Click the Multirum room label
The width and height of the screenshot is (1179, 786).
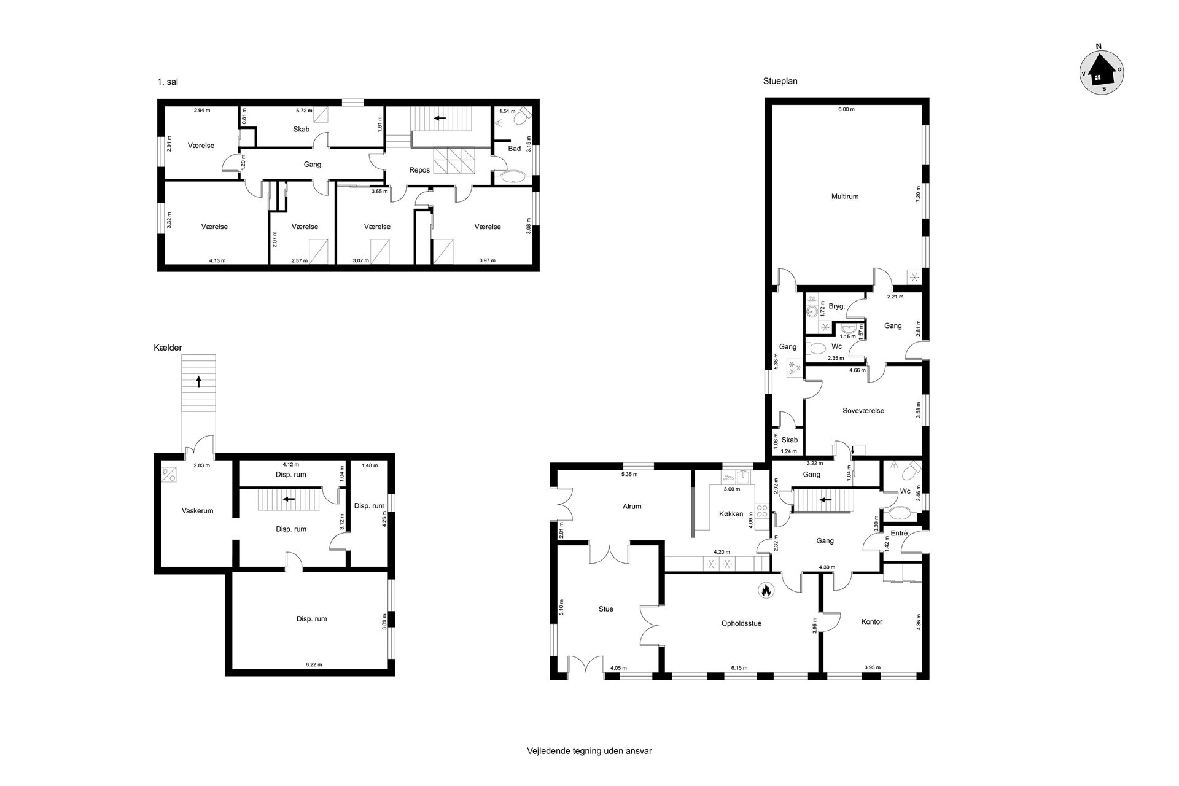tap(845, 196)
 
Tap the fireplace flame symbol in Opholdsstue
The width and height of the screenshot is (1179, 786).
tap(766, 591)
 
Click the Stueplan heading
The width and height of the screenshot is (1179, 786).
tap(780, 81)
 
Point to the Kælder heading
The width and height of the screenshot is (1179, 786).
tap(168, 348)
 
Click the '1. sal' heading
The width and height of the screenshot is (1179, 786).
tap(168, 82)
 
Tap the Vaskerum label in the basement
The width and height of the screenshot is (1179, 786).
tap(197, 510)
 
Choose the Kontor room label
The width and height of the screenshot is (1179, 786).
tap(871, 621)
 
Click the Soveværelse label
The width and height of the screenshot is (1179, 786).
tap(863, 410)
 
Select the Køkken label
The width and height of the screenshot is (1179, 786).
tap(731, 514)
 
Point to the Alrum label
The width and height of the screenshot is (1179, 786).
tap(632, 507)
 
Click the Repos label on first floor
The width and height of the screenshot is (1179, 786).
tap(419, 170)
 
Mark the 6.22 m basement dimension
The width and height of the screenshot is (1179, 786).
tap(313, 664)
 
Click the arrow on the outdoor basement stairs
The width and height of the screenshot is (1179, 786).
tap(198, 381)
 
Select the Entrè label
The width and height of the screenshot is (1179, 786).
tap(899, 533)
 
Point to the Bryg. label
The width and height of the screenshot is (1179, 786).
tap(837, 306)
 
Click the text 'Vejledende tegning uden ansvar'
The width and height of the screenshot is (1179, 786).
tap(589, 750)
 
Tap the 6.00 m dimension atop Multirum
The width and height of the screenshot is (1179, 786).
tap(847, 109)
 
